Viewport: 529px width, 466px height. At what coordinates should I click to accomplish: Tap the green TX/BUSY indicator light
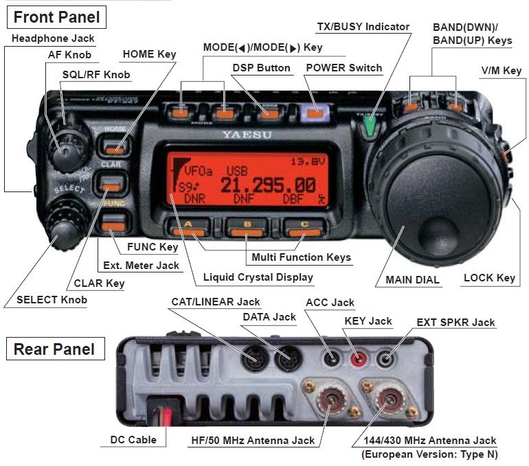click(370, 126)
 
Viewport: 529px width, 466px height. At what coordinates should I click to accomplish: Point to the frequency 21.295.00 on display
click(268, 185)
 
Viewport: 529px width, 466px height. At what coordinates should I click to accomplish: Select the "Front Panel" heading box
click(58, 16)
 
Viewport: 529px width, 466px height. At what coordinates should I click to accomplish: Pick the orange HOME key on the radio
click(114, 145)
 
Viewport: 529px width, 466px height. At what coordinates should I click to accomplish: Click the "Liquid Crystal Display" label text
click(258, 277)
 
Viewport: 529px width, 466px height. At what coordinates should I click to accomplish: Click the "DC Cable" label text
click(133, 440)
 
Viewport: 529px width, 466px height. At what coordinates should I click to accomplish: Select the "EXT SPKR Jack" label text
click(455, 322)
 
